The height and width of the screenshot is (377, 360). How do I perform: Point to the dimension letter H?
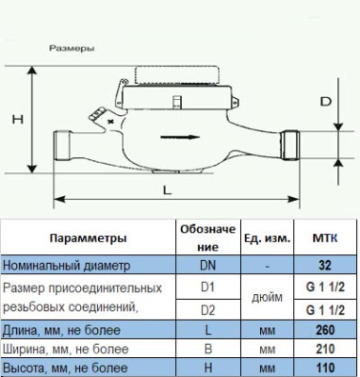[15, 120]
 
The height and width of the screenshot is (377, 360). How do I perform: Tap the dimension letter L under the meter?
[167, 188]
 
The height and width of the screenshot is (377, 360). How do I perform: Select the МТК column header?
[324, 238]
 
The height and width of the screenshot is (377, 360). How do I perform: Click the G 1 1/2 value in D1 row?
[324, 287]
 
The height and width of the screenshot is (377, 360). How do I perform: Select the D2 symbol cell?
[207, 308]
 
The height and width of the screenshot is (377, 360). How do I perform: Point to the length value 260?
[324, 329]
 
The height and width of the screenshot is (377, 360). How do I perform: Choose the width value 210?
[324, 349]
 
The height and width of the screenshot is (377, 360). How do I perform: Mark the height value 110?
[324, 368]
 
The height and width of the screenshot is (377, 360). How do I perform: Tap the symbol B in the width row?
[207, 349]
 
